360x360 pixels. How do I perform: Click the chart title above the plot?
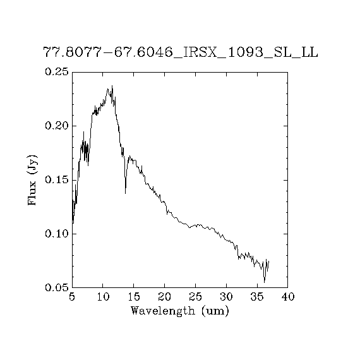click(x=181, y=52)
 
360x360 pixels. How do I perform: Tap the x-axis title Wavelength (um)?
click(x=180, y=311)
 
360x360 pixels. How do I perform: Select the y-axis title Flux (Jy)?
click(x=32, y=180)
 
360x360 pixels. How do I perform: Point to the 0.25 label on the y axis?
click(x=57, y=71)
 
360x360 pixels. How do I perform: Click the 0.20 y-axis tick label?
click(x=57, y=126)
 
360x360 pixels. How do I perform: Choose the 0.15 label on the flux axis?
click(x=57, y=180)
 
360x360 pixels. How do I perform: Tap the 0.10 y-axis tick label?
click(x=57, y=234)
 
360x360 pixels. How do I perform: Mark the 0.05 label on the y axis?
click(x=57, y=287)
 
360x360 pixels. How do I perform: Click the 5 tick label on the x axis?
click(x=72, y=297)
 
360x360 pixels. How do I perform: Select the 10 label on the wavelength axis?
click(x=103, y=297)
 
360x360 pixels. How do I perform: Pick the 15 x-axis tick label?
click(x=134, y=297)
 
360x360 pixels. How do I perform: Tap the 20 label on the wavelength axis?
click(x=165, y=297)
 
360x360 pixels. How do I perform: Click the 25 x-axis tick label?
click(x=195, y=297)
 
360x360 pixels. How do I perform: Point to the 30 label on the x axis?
click(x=226, y=297)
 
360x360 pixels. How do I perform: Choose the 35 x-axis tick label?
click(x=257, y=297)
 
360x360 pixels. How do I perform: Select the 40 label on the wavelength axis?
click(x=288, y=297)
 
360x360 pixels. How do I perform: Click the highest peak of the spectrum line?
click(x=112, y=86)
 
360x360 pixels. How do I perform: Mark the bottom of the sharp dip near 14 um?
click(x=125, y=193)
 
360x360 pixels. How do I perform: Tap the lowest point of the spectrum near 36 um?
click(x=265, y=282)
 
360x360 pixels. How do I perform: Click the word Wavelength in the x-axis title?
click(x=163, y=311)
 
